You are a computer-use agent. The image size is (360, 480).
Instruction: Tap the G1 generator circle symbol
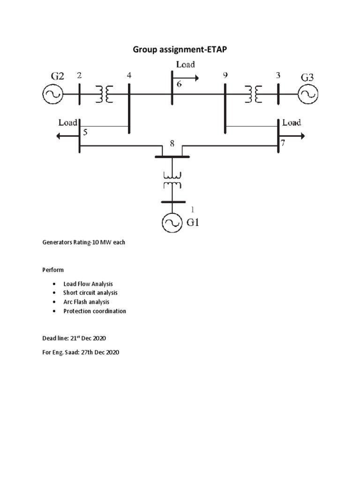pos(172,224)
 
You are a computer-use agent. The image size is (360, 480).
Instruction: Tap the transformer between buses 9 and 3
pos(253,94)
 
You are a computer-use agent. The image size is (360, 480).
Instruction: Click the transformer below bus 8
pos(172,180)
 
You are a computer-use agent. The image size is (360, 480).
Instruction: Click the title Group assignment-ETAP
pos(180,50)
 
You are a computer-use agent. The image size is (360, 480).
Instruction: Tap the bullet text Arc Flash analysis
pos(86,302)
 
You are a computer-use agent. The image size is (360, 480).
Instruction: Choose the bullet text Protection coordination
pos(95,311)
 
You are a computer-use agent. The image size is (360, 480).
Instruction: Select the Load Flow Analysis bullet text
pos(88,284)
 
